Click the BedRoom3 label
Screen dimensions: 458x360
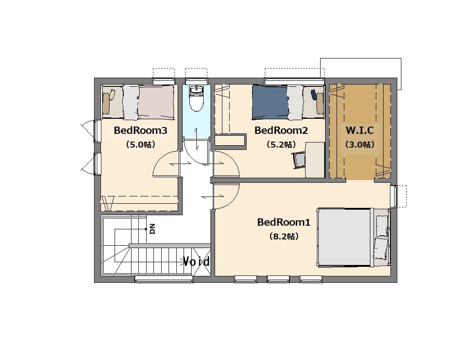(141, 130)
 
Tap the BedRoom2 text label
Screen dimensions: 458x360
(281, 130)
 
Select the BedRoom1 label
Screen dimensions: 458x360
(284, 222)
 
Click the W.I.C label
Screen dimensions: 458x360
(360, 130)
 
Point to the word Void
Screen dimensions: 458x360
(196, 261)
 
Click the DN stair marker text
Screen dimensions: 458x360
(152, 229)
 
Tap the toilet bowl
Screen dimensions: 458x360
(196, 102)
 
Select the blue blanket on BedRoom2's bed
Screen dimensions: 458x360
(270, 102)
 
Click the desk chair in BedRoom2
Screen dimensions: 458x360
(299, 160)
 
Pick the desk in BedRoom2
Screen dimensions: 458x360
(315, 160)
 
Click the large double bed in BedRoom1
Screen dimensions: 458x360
(353, 237)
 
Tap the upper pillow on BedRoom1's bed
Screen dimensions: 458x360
(382, 226)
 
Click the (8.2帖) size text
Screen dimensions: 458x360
(284, 236)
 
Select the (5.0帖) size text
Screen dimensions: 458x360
(141, 144)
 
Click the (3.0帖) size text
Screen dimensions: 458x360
(360, 144)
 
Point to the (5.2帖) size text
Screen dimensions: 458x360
(281, 144)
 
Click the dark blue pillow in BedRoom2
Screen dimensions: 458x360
(314, 95)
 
